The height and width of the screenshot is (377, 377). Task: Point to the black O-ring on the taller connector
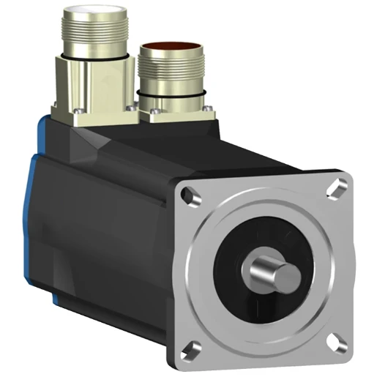tap(93, 55)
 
